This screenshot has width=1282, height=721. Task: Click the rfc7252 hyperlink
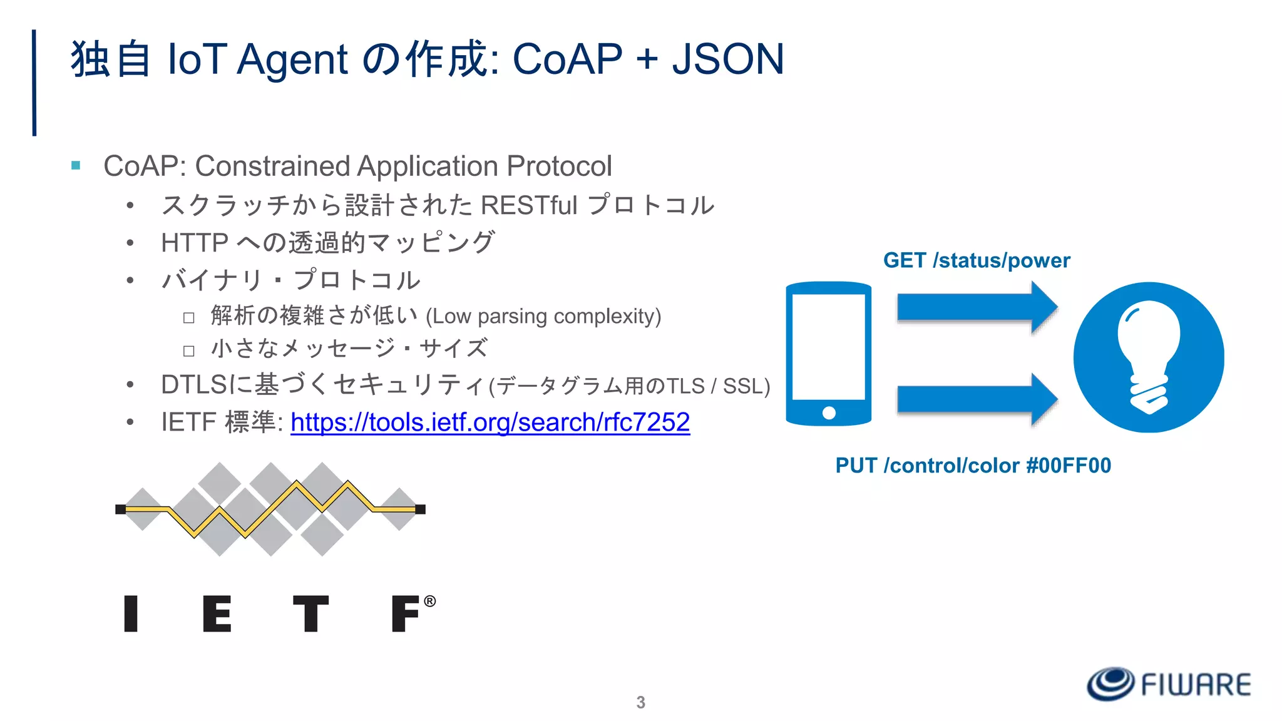click(490, 422)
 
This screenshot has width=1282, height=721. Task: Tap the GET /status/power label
click(977, 260)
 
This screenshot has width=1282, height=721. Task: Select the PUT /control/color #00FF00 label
click(973, 466)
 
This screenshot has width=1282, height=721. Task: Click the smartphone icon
click(828, 354)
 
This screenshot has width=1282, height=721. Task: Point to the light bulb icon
click(1149, 357)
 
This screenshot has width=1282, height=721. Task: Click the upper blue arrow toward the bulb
click(977, 307)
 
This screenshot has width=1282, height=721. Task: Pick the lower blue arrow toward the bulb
click(977, 400)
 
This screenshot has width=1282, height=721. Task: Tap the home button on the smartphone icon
click(829, 412)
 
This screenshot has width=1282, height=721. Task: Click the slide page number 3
click(640, 702)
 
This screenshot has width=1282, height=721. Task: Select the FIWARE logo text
click(1196, 685)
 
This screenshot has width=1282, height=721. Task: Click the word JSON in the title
click(727, 59)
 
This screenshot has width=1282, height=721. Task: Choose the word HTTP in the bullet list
click(195, 243)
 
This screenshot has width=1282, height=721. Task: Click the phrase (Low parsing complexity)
click(543, 316)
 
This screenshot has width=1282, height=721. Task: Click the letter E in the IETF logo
click(217, 614)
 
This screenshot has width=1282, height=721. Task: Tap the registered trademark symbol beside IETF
click(429, 601)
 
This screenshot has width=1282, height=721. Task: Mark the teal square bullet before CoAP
click(76, 166)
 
